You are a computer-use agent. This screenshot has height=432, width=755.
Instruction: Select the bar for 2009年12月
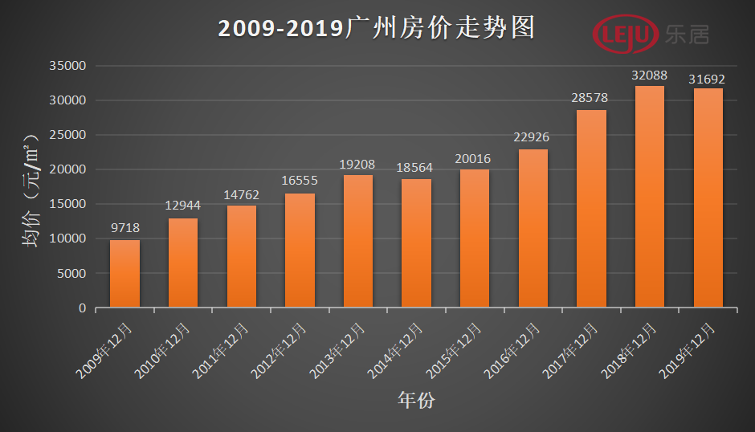124,273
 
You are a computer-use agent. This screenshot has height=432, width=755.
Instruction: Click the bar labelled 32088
650,197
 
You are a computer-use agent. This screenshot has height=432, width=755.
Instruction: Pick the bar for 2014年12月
416,242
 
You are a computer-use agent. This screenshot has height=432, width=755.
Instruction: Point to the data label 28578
591,97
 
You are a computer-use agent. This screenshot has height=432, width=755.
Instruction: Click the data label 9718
124,228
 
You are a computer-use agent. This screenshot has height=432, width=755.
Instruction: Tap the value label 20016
474,158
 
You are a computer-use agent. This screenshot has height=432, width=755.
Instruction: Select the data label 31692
708,79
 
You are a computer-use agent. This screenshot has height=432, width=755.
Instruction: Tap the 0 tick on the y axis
82,308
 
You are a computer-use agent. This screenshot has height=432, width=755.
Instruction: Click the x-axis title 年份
415,399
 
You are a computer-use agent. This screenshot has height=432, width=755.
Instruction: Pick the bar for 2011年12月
241,256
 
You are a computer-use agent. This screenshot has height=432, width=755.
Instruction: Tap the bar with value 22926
533,228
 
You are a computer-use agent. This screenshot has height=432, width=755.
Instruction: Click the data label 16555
300,181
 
